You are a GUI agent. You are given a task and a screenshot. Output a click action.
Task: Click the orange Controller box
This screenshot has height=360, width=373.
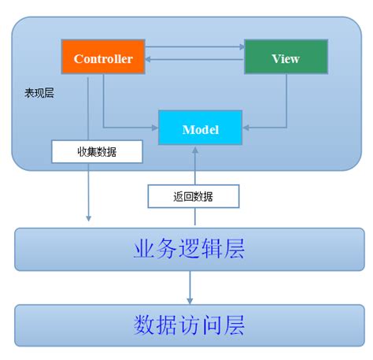click(103, 58)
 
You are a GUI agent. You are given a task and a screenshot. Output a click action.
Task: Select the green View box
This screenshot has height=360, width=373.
click(285, 58)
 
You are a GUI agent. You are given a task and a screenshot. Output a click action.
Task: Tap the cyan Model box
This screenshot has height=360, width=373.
click(200, 128)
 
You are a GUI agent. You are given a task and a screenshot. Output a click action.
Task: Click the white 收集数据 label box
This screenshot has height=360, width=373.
click(97, 151)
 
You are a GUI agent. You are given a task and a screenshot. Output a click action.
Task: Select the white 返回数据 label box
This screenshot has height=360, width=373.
click(193, 195)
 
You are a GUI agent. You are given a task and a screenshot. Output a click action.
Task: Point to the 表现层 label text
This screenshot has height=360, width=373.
click(39, 93)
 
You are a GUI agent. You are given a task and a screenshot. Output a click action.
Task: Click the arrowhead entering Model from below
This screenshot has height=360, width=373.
click(193, 150)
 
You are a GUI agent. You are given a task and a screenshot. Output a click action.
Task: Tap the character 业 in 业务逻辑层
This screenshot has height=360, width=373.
click(144, 250)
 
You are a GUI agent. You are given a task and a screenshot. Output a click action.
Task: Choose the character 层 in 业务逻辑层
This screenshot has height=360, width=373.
click(233, 250)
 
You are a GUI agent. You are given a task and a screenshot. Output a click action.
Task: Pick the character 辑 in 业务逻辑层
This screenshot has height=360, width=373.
click(211, 250)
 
